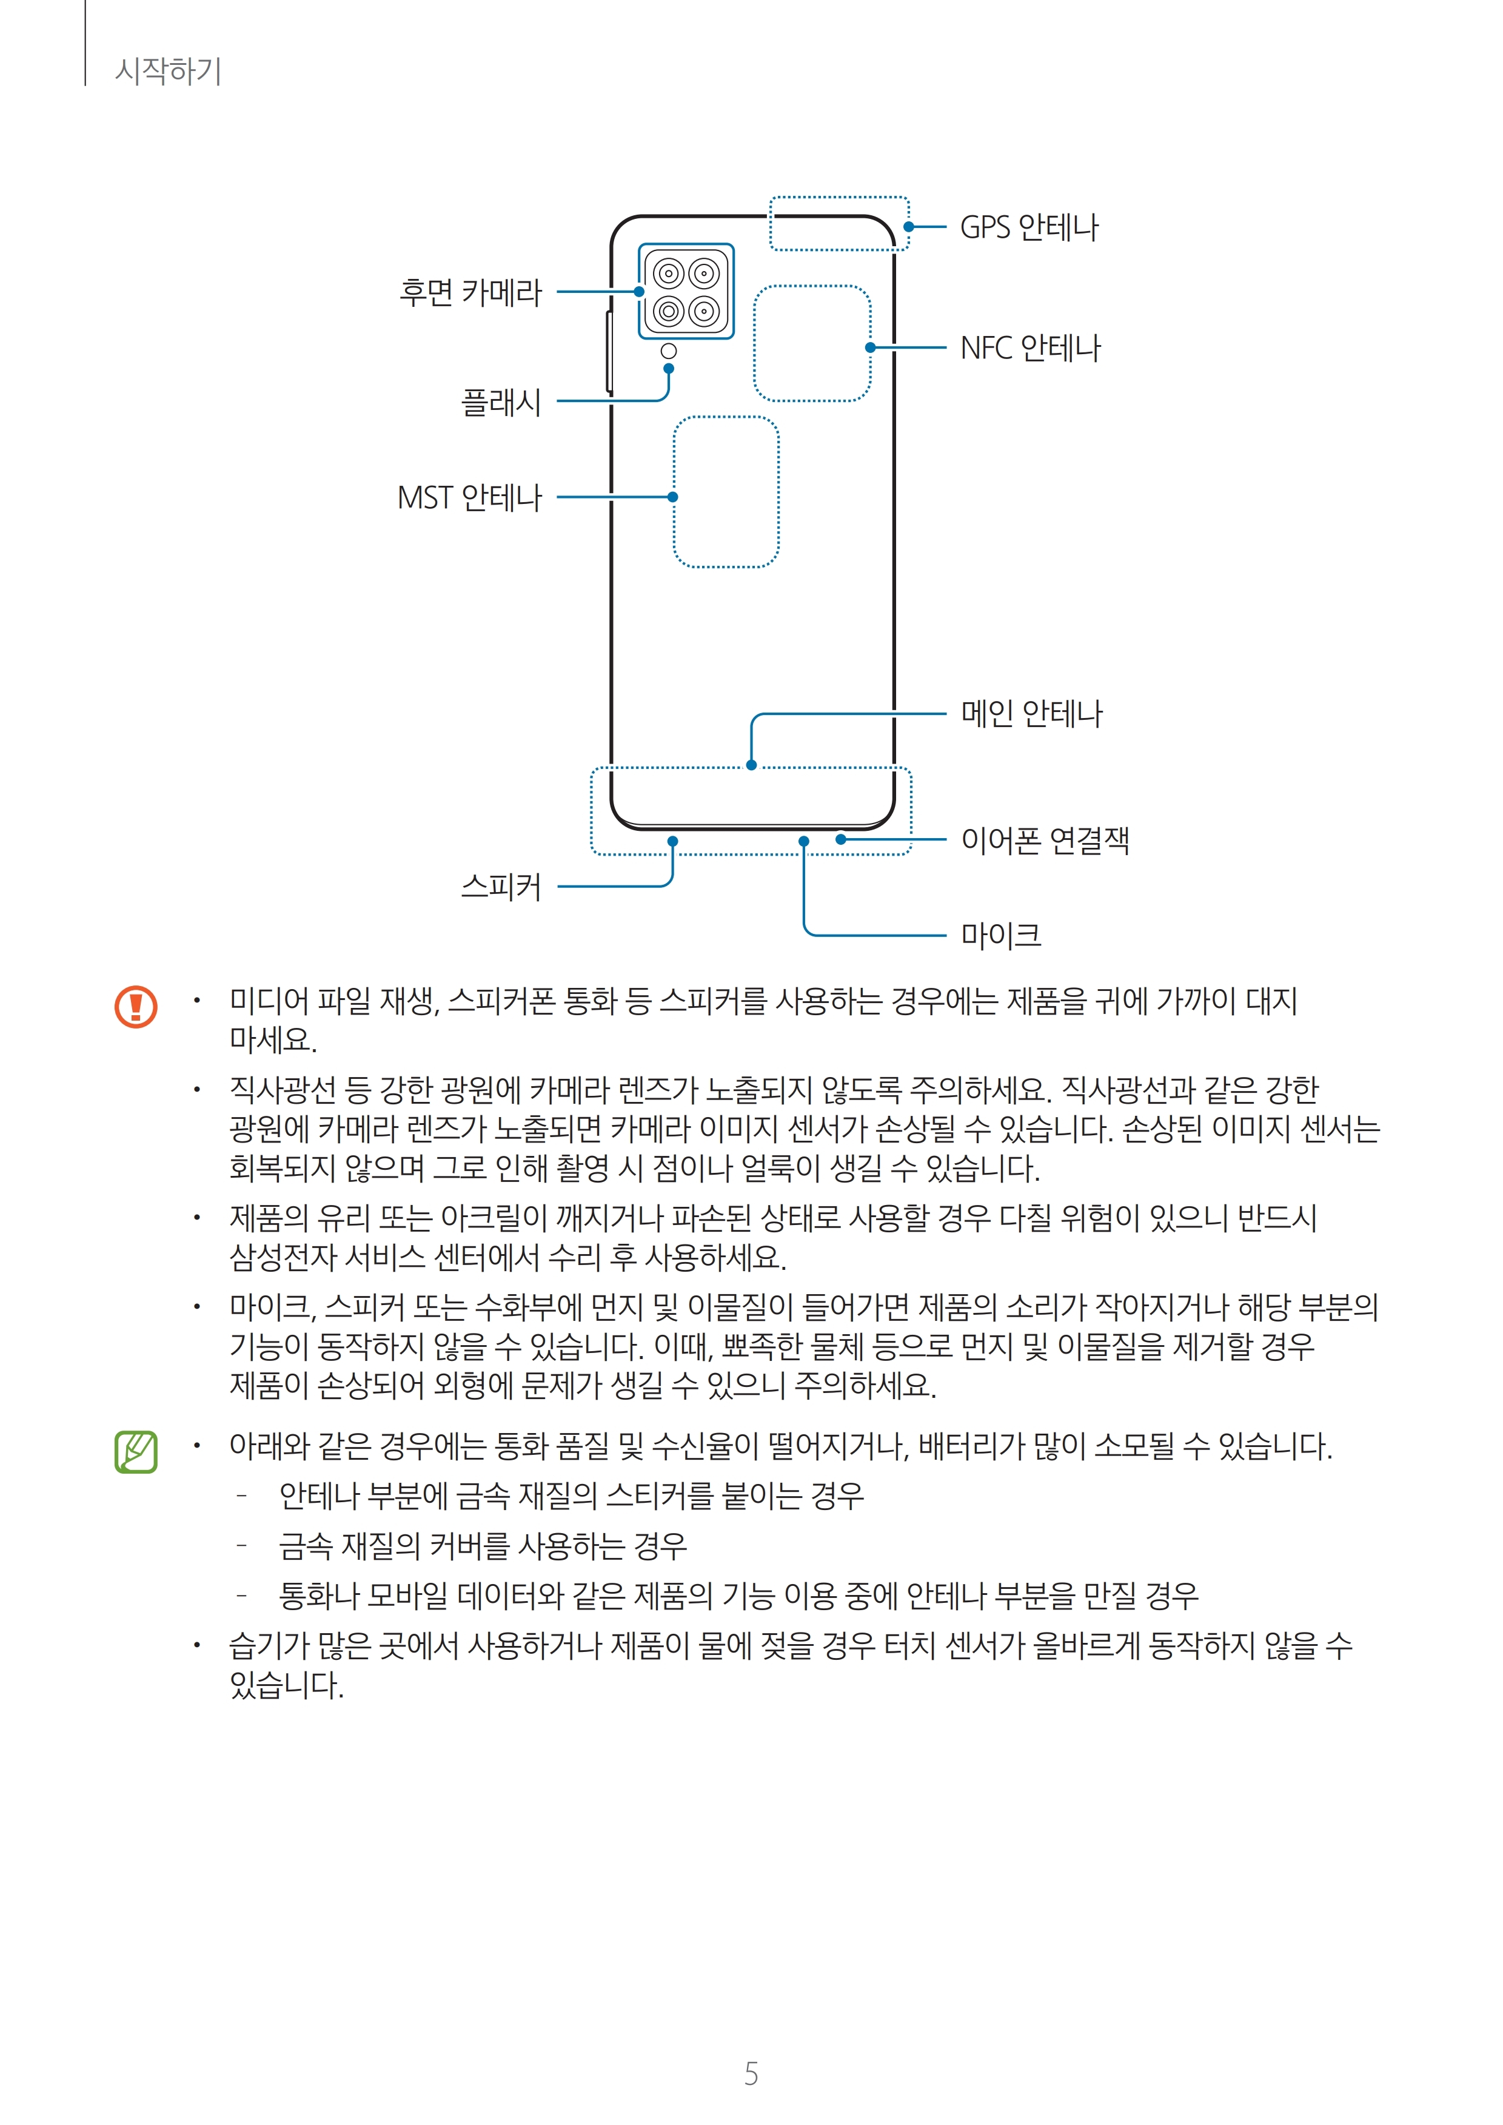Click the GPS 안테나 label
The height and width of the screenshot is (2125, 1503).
click(x=1029, y=227)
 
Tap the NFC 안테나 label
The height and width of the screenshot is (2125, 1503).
click(x=1030, y=348)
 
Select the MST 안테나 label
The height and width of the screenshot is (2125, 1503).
click(x=469, y=498)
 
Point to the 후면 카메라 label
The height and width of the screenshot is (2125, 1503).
click(x=470, y=292)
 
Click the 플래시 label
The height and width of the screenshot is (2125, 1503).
click(x=501, y=401)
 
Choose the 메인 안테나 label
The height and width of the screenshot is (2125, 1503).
click(x=1031, y=714)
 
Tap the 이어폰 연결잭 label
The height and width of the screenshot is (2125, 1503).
click(x=1045, y=841)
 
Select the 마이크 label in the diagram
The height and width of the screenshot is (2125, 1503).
click(x=1000, y=935)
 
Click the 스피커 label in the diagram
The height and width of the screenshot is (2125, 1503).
click(x=501, y=887)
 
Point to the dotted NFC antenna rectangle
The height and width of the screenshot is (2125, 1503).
click(x=812, y=343)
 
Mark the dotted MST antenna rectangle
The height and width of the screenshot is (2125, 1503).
click(x=726, y=491)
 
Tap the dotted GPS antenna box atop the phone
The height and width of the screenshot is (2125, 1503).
click(x=839, y=224)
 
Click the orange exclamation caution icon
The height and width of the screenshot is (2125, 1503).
click(x=136, y=1006)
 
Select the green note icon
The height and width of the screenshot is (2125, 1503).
click(x=136, y=1451)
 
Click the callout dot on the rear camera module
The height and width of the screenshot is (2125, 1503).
click(x=638, y=292)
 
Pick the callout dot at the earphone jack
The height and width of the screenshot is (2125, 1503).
click(x=840, y=839)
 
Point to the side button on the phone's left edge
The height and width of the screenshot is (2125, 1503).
click(x=609, y=352)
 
